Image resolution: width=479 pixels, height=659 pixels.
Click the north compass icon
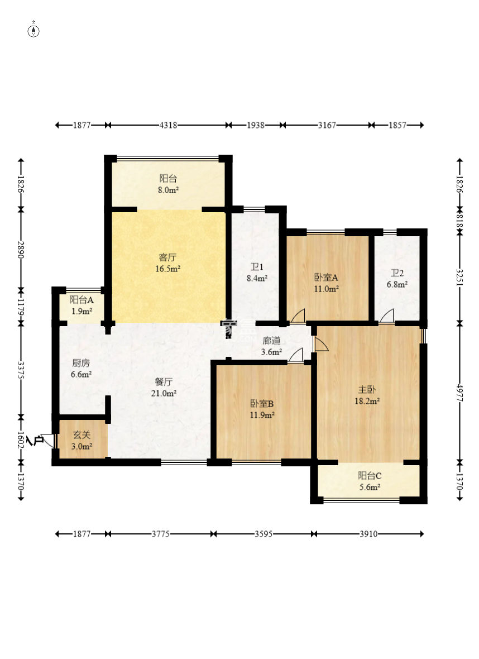pyautogui.click(x=33, y=31)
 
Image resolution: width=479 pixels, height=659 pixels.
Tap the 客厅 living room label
pyautogui.click(x=167, y=257)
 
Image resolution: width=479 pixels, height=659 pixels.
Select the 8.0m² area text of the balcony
pyautogui.click(x=169, y=190)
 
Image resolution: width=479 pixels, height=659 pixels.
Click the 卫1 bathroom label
pyautogui.click(x=257, y=267)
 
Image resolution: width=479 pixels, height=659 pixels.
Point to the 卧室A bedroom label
pyautogui.click(x=326, y=278)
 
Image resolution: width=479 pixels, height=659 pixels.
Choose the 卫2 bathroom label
pyautogui.click(x=397, y=273)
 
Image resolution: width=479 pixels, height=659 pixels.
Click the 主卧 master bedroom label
pyautogui.click(x=367, y=390)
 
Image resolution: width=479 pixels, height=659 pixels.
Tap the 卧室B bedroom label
pyautogui.click(x=262, y=404)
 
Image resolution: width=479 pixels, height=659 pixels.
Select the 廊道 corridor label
pyautogui.click(x=271, y=341)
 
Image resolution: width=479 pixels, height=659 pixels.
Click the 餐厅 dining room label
pyautogui.click(x=164, y=382)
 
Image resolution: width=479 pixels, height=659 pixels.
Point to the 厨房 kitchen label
pyautogui.click(x=81, y=363)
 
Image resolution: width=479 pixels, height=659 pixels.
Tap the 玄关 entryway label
pyautogui.click(x=82, y=435)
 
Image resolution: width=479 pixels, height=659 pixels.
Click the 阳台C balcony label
pyautogui.click(x=370, y=476)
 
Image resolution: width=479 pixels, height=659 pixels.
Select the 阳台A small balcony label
pyautogui.click(x=82, y=300)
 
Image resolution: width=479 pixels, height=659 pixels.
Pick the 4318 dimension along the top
pyautogui.click(x=168, y=125)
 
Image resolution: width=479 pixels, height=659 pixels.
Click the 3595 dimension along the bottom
pyautogui.click(x=264, y=534)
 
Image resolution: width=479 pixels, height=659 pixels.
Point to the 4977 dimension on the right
pyautogui.click(x=459, y=393)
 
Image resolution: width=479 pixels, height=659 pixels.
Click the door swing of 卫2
pyautogui.click(x=387, y=316)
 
